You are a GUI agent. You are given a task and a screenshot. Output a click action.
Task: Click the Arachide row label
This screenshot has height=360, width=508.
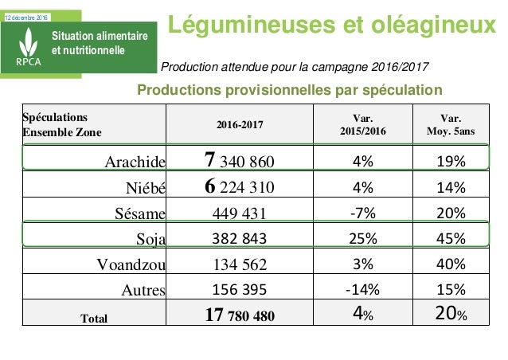pos(135,163)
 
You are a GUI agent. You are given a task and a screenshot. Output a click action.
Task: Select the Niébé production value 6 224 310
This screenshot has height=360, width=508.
pos(240,187)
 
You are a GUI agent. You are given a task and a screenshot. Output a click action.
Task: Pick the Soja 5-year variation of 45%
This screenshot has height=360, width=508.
pos(451,238)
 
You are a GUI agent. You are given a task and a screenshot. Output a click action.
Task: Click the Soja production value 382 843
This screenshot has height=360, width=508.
pos(240,238)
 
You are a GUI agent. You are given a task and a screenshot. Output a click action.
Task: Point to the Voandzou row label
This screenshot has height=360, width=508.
pos(129,264)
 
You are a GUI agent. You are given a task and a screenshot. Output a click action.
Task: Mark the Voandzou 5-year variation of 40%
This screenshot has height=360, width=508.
pos(451,264)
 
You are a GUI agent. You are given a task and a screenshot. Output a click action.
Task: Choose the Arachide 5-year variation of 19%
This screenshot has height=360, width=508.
pos(451,163)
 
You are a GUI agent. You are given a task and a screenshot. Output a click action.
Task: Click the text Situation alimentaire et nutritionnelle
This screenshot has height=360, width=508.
pos(100,44)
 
